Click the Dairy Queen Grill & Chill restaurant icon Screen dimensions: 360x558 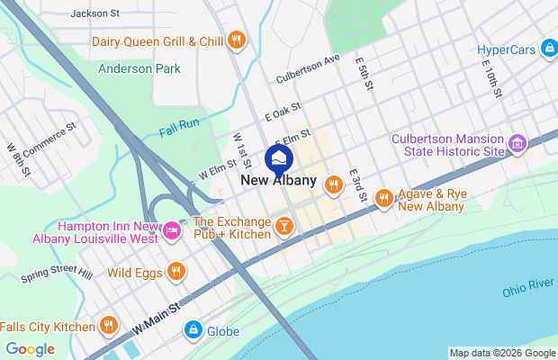236,40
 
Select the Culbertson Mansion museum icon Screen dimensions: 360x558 517,144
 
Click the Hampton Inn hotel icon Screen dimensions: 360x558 172,232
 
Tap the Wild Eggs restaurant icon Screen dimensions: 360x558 175,271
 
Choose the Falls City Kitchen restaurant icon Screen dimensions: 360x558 109,326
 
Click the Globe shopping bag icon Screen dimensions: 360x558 192,331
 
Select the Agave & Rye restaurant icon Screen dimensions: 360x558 384,197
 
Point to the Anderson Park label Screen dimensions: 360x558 139,68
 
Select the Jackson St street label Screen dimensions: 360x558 94,13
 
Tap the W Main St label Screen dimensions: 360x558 157,317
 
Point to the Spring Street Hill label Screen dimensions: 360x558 57,274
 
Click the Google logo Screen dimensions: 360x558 30,349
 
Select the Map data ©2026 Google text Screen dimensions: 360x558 502,353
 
